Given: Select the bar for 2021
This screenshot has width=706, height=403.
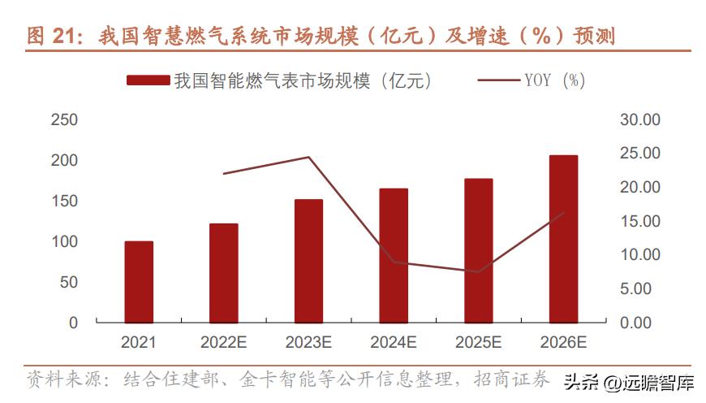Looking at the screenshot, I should pyautogui.click(x=139, y=282).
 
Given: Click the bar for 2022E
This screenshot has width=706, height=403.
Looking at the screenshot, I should pyautogui.click(x=224, y=273).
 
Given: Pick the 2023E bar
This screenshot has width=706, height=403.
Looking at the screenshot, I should pyautogui.click(x=308, y=261).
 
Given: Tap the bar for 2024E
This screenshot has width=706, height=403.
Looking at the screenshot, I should pyautogui.click(x=394, y=255).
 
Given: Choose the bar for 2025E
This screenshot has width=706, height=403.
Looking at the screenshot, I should pyautogui.click(x=479, y=250).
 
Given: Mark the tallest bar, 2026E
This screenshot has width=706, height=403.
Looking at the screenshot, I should pyautogui.click(x=564, y=239).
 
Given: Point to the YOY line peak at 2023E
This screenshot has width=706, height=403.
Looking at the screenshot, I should pyautogui.click(x=308, y=157).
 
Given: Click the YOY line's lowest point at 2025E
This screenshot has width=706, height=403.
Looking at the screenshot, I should pyautogui.click(x=479, y=271).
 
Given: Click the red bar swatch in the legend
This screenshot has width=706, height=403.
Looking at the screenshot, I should pyautogui.click(x=148, y=80).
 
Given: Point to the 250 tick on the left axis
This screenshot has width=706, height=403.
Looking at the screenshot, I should pyautogui.click(x=64, y=120).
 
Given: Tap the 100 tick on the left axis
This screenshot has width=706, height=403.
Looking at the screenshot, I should pyautogui.click(x=64, y=242).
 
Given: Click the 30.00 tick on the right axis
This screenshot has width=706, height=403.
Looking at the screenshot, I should pyautogui.click(x=640, y=120).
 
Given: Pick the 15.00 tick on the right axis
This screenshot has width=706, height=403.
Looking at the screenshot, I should pyautogui.click(x=640, y=221).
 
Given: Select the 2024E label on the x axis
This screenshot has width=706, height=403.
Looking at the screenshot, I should pyautogui.click(x=394, y=343).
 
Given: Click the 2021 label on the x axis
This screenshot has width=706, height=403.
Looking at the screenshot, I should pyautogui.click(x=139, y=343).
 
